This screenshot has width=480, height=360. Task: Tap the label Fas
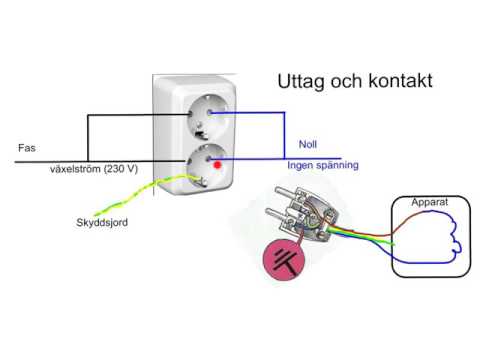pos(27,147)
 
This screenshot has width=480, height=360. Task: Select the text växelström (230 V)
pos(95,167)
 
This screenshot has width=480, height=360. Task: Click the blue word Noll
pos(309,144)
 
